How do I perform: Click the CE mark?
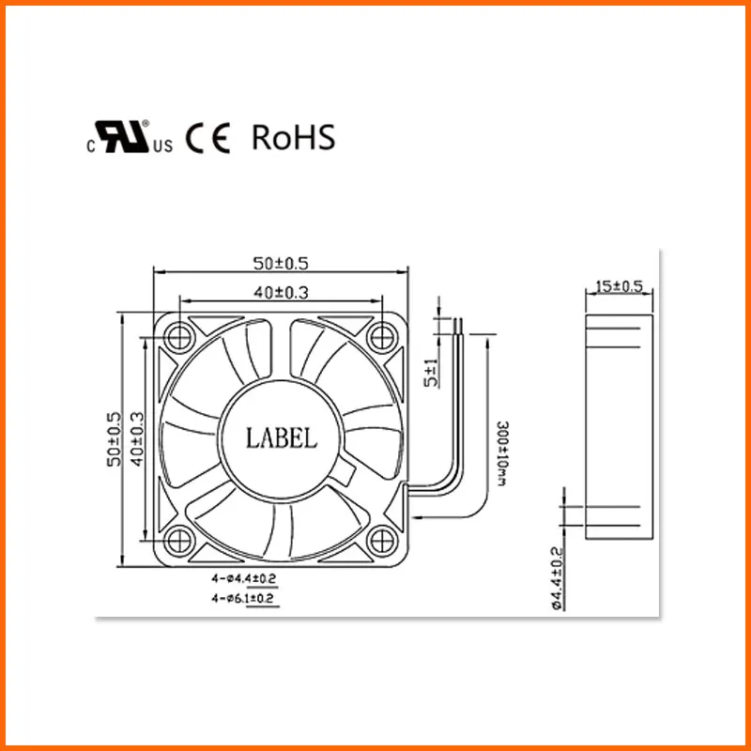[x=207, y=139]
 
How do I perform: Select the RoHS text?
[x=293, y=138]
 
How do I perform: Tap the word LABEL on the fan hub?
[x=282, y=437]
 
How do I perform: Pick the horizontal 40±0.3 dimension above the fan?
[x=281, y=293]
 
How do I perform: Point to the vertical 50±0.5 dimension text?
[x=115, y=439]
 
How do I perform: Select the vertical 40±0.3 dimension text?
[x=137, y=439]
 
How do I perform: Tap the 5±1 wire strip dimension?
[x=430, y=373]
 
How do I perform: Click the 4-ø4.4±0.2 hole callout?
[x=244, y=579]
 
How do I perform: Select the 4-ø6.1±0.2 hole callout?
[x=244, y=597]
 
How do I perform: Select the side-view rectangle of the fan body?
[x=619, y=427]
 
